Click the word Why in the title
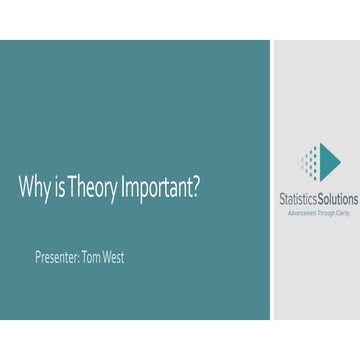(x=33, y=189)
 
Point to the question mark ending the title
(x=195, y=188)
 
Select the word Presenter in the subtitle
(x=54, y=257)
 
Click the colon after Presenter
(x=76, y=258)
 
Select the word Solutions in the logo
(x=337, y=199)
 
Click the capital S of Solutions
(x=320, y=199)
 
